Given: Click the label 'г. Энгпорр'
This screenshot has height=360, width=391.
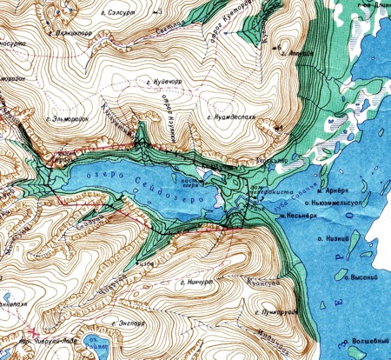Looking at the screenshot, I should coord(135,323).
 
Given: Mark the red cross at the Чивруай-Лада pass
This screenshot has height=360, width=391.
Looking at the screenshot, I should coord(35,331).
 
